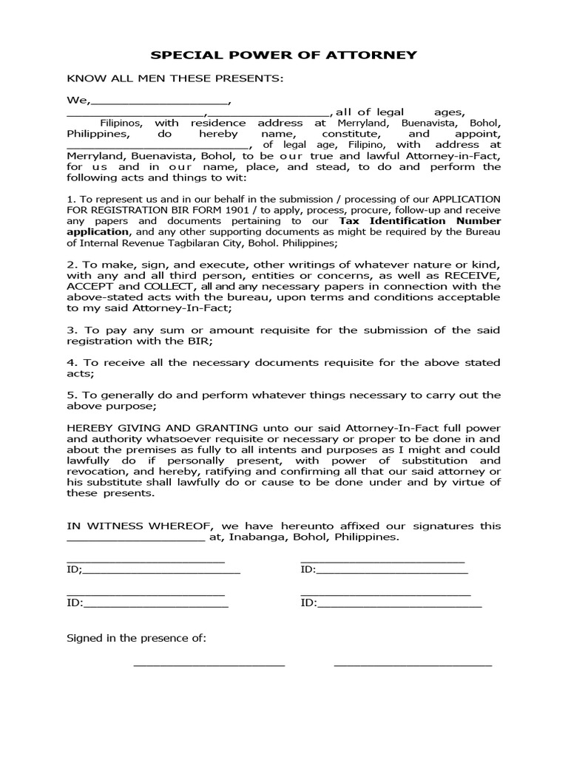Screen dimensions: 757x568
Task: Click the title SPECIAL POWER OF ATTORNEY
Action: [284, 55]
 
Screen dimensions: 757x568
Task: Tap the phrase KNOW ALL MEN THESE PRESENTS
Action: [175, 78]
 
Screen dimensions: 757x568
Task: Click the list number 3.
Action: [71, 330]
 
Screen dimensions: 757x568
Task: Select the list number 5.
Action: [71, 395]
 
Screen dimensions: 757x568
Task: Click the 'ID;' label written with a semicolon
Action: [75, 570]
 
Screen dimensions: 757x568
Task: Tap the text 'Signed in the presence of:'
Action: [137, 637]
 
